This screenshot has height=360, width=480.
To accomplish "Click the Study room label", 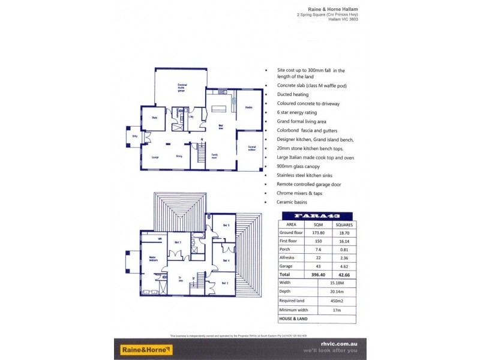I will click(154, 118).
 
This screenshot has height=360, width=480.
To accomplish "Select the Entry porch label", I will click(134, 136).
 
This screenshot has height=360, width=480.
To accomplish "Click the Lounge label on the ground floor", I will click(154, 157).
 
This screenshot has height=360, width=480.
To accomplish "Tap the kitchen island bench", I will click(220, 109).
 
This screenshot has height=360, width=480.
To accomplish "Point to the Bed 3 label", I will click(224, 283).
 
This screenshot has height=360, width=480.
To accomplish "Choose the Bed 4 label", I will click(226, 260).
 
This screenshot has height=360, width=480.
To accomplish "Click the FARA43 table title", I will click(317, 216).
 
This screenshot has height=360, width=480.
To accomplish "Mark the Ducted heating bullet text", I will click(293, 95).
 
